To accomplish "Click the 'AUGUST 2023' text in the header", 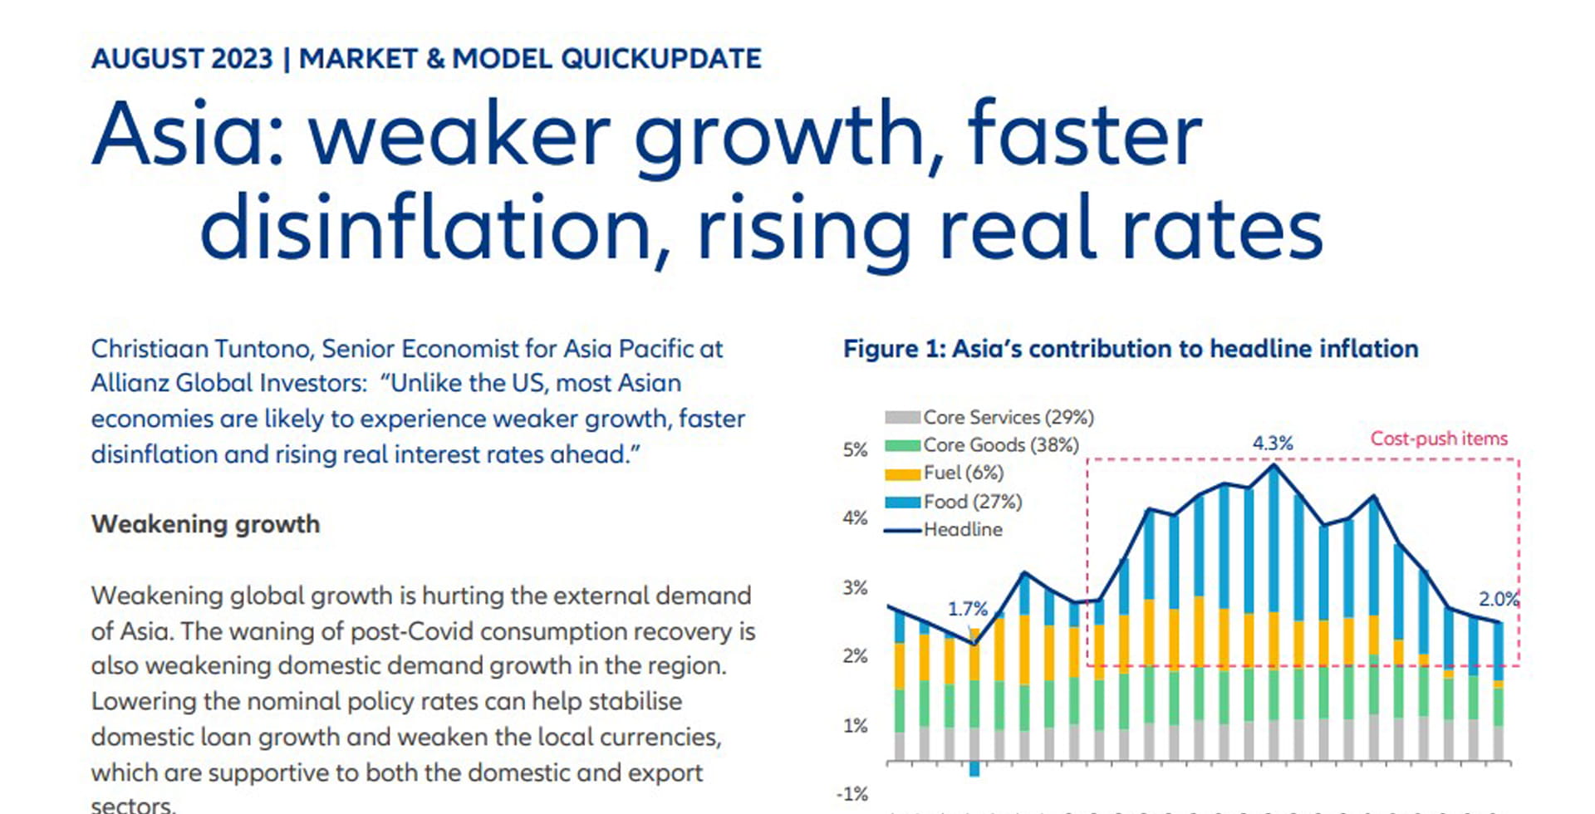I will (x=182, y=59).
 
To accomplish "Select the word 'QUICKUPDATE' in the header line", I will (x=660, y=59).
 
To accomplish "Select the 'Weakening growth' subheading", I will (x=205, y=524).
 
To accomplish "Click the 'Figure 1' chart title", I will (x=1130, y=349).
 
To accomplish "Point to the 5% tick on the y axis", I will (x=855, y=450).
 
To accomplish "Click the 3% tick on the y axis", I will (x=855, y=588).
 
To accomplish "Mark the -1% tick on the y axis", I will (x=852, y=794).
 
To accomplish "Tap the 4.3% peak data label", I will (x=1273, y=444).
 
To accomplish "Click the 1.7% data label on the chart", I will (x=968, y=609).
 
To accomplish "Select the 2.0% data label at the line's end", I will (x=1498, y=599).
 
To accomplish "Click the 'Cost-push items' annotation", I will (x=1438, y=439).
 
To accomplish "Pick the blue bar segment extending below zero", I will (x=974, y=769).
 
